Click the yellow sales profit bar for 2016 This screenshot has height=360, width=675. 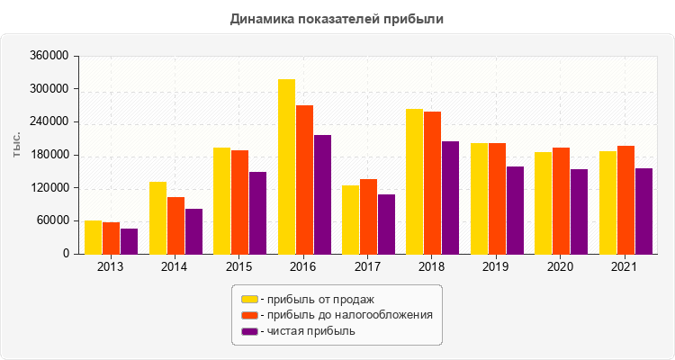coord(286,166)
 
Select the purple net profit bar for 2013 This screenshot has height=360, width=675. coord(129,241)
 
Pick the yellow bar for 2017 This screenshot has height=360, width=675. coord(350,220)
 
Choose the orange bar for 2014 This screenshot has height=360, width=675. coord(175,225)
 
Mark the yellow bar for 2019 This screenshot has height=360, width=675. coord(479,198)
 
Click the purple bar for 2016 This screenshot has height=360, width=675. coord(322,194)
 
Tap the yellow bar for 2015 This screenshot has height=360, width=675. coord(221,201)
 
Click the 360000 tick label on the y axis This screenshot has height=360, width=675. coord(50,56)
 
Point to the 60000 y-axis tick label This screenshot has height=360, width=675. coord(53,221)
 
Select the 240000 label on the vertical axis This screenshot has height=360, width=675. coord(50,122)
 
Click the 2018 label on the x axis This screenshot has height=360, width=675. coord(432,267)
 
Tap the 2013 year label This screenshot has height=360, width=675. coord(111,267)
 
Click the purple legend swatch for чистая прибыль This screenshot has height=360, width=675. coord(249,331)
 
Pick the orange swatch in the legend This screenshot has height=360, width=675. coord(249,315)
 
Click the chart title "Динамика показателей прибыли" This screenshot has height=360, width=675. coord(337,18)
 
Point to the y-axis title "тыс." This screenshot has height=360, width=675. coord(17,144)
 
